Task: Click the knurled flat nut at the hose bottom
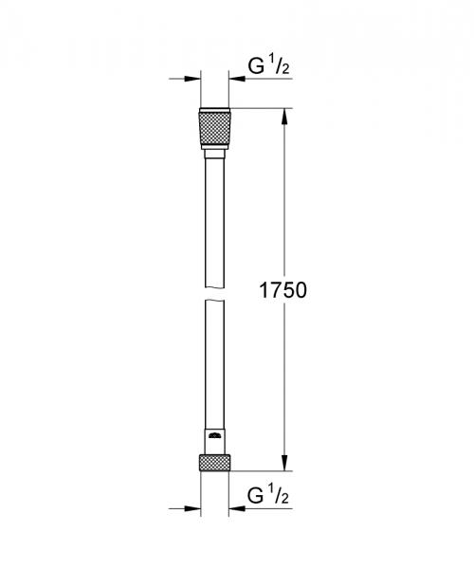tap(214, 464)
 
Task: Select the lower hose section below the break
tap(214, 370)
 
